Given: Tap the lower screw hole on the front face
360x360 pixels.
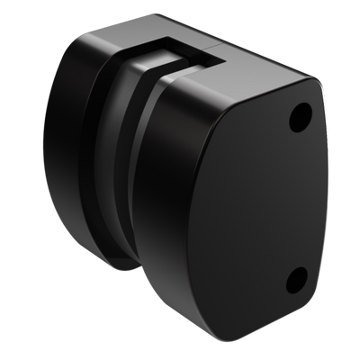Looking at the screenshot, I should click(296, 281).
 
